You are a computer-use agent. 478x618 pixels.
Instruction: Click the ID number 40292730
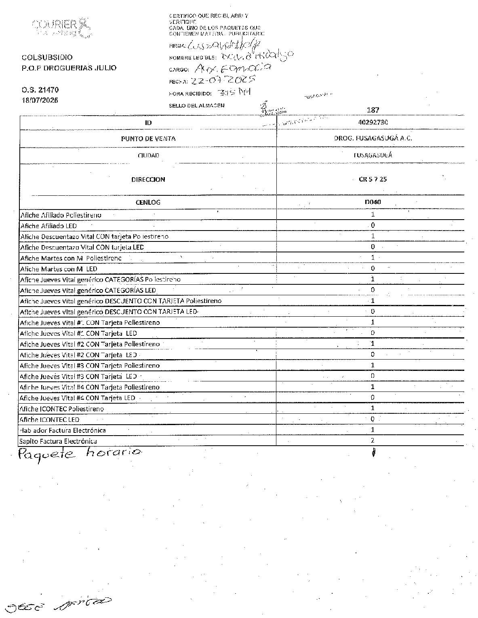[373, 122]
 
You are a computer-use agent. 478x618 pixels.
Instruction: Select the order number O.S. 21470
[40, 90]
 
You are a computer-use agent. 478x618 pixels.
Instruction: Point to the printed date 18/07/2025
[40, 100]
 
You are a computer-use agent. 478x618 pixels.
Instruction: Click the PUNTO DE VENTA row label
[148, 138]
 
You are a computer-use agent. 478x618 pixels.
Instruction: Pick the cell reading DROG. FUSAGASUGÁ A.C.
[373, 138]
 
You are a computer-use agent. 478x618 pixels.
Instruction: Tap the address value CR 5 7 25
[373, 179]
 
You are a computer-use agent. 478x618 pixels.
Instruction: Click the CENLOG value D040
[373, 202]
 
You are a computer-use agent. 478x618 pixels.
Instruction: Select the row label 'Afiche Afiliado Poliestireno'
[61, 215]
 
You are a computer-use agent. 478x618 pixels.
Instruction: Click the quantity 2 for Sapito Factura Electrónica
[373, 440]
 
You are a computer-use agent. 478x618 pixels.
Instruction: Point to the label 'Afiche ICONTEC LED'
[49, 420]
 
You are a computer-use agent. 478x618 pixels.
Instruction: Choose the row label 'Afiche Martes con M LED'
[59, 269]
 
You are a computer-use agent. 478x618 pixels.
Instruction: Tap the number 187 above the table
[373, 110]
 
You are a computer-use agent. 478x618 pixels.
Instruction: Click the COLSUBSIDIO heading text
[47, 57]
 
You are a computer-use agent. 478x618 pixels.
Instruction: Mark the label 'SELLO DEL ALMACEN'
[197, 106]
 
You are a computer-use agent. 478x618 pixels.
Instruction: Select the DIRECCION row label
[148, 179]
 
